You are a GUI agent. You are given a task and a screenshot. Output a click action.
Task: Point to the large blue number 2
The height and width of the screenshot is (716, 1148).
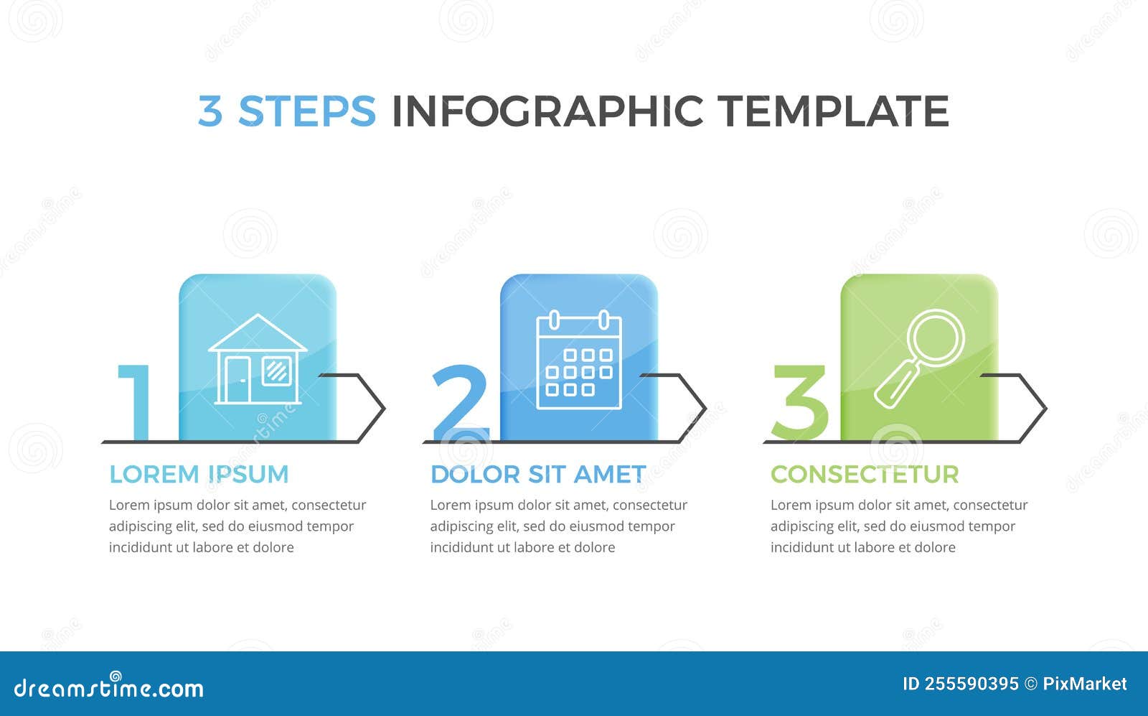click(461, 403)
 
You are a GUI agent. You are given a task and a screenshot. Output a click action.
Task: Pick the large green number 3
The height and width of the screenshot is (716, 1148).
click(799, 403)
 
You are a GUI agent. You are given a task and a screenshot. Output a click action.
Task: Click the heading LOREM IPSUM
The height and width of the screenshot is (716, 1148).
click(199, 475)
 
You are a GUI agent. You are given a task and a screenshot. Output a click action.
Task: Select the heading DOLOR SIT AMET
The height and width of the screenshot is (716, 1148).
click(538, 475)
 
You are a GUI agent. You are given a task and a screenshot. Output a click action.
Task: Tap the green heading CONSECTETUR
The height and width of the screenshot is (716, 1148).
click(865, 475)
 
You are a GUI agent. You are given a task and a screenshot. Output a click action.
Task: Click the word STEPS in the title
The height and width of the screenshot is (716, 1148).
click(306, 111)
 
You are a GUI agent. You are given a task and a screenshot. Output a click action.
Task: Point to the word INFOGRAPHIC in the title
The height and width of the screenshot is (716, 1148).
click(547, 111)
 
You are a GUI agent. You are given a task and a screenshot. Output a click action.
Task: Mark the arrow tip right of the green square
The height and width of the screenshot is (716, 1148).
click(1044, 409)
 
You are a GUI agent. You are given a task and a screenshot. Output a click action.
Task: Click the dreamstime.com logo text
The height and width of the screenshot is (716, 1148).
click(109, 688)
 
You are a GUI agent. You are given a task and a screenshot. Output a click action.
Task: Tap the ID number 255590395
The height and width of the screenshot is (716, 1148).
click(971, 684)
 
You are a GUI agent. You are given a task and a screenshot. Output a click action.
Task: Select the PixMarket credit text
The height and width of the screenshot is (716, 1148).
click(1085, 684)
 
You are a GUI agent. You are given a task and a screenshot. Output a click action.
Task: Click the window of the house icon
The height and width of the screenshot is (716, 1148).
click(276, 371)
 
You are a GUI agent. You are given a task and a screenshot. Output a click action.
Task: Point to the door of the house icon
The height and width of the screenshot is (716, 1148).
click(237, 379)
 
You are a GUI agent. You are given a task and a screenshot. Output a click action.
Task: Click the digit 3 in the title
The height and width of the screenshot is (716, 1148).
click(210, 111)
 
